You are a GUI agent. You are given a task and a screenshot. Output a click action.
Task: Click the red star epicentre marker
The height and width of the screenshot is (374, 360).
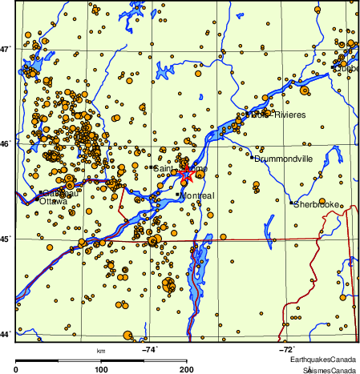(185, 172)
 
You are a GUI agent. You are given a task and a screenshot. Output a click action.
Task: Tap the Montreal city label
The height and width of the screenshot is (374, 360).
(197, 196)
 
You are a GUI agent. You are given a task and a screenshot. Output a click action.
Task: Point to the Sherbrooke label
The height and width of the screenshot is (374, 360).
(318, 205)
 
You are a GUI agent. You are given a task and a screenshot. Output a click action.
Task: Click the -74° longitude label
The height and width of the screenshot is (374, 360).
(150, 349)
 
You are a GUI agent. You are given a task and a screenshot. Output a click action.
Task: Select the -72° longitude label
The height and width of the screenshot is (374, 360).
(287, 349)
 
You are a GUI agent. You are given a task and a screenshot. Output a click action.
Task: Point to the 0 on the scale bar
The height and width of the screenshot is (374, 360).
(17, 369)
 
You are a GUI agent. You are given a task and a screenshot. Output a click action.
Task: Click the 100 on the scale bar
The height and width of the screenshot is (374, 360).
(102, 369)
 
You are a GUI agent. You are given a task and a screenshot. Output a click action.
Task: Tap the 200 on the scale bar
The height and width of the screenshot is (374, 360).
(187, 369)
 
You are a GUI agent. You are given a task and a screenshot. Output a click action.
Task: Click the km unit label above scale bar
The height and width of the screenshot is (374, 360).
(101, 351)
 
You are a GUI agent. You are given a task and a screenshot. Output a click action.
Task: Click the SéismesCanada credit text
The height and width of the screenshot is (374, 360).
(330, 370)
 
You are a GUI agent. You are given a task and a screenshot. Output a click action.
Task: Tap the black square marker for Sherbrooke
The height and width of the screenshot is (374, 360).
(291, 203)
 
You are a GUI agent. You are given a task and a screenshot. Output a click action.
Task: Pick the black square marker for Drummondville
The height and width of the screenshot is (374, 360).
(252, 158)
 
